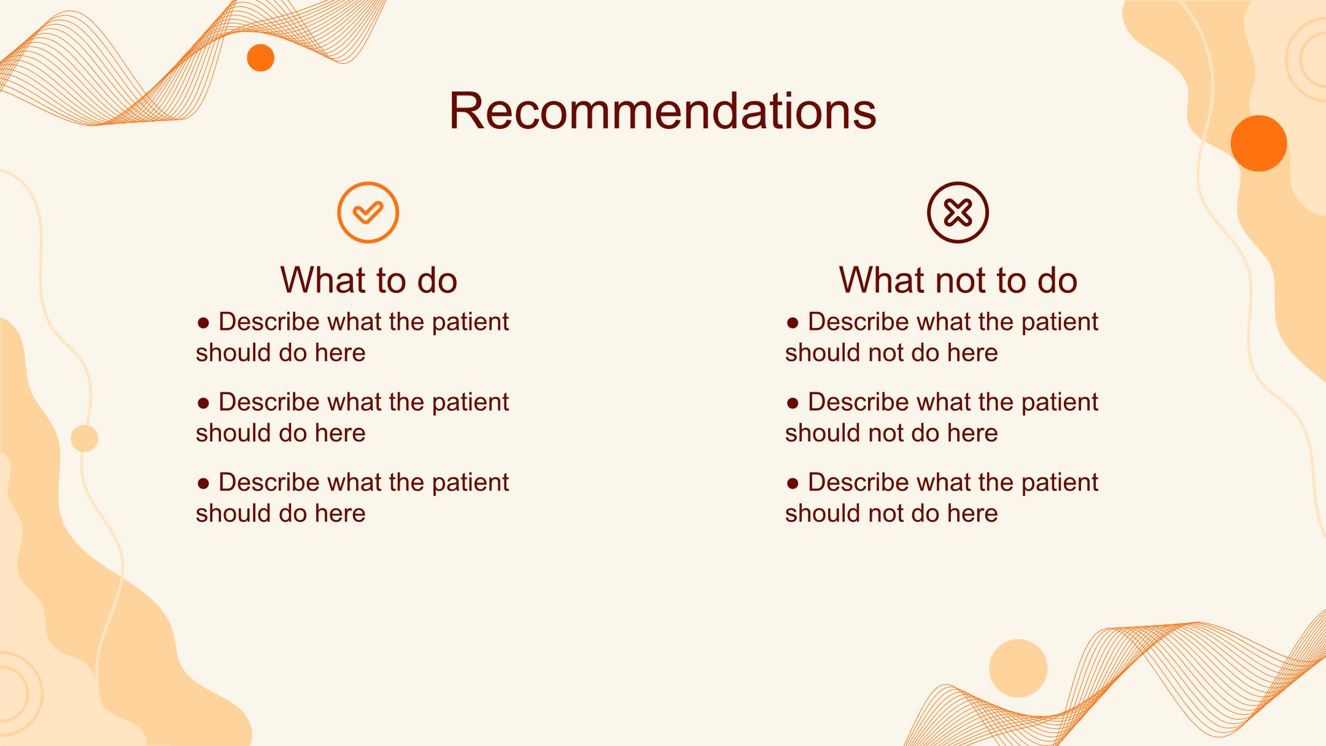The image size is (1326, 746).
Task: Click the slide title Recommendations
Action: [662, 111]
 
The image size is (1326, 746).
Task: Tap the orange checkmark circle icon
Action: [368, 212]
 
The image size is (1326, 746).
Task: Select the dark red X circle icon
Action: [958, 212]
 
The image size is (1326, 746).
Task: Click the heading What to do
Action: [368, 280]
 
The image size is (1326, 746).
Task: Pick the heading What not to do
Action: [958, 280]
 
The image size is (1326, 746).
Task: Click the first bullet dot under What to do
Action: [203, 322]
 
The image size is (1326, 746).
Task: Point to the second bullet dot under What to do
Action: [203, 403]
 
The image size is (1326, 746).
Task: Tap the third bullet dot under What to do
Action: [203, 483]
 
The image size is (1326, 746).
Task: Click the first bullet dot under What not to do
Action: [793, 322]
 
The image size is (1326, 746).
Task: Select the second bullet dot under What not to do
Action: [793, 403]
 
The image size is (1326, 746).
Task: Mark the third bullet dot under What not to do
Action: [793, 483]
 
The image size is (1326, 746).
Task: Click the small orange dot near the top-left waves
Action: [260, 58]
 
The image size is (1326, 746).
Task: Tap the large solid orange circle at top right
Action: [1258, 143]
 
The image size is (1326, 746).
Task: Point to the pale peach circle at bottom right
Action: [1018, 668]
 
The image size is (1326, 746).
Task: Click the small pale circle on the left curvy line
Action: [84, 438]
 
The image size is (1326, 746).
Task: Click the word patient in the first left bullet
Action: [470, 322]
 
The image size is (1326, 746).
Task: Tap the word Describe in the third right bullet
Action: [858, 482]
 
